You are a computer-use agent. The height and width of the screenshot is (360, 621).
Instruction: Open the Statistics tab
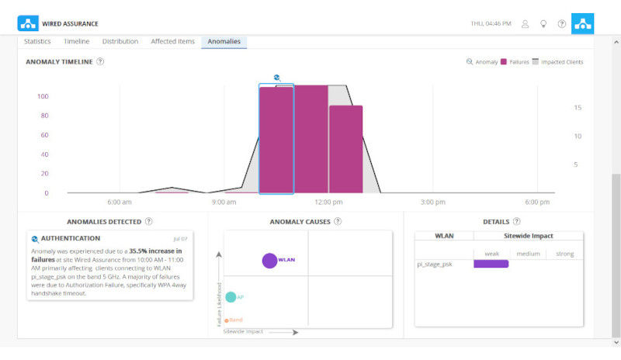[37, 41]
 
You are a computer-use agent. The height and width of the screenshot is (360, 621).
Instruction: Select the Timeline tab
[76, 41]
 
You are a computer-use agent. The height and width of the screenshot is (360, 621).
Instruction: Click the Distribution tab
[120, 41]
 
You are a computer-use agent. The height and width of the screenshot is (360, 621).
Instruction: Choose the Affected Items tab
[172, 41]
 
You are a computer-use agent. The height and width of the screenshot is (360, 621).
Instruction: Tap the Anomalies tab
[224, 41]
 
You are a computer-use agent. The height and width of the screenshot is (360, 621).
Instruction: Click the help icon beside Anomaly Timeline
[101, 61]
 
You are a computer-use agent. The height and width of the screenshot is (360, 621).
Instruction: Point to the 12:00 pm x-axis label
[329, 202]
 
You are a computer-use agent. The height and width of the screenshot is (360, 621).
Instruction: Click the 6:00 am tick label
[119, 202]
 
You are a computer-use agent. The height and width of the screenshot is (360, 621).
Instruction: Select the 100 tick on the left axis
[43, 97]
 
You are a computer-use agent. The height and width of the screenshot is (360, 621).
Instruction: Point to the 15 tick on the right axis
[578, 108]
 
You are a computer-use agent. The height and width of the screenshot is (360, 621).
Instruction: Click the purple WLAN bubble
[269, 261]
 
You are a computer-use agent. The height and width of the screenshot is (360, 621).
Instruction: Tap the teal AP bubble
[231, 297]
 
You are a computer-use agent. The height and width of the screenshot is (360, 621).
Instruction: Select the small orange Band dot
[226, 320]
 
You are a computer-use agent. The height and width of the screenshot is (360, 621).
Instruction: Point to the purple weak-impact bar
[491, 264]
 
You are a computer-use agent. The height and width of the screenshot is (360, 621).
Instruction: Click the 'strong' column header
[564, 254]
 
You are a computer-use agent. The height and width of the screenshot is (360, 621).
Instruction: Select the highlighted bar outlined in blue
[276, 140]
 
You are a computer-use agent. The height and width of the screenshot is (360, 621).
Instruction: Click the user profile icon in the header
[525, 23]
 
